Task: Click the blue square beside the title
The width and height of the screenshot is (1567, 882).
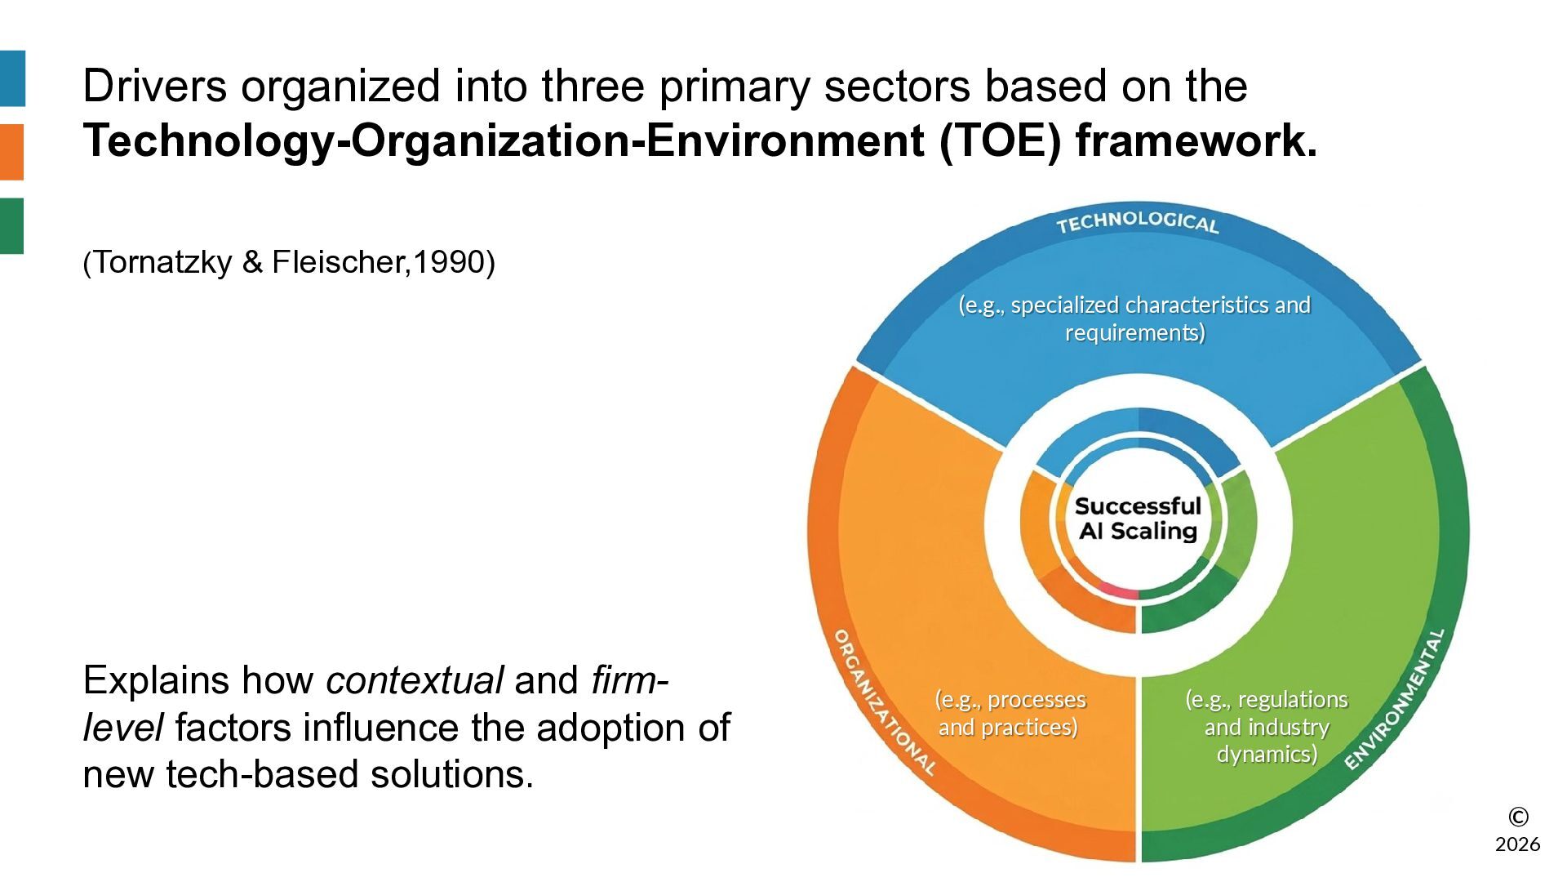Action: pyautogui.click(x=12, y=78)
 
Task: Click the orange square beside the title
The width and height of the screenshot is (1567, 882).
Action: pyautogui.click(x=12, y=152)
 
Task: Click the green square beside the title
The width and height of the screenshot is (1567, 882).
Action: pyautogui.click(x=12, y=225)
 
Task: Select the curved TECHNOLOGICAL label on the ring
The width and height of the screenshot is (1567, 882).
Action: pyautogui.click(x=1137, y=222)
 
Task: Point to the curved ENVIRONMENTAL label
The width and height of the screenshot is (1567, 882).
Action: pyautogui.click(x=1394, y=699)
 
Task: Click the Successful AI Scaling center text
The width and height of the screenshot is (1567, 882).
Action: pyautogui.click(x=1138, y=519)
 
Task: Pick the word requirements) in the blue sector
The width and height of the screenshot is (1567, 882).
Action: pyautogui.click(x=1135, y=332)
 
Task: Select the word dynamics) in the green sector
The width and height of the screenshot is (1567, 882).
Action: pyautogui.click(x=1267, y=754)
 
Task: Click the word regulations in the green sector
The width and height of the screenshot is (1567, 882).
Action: pyautogui.click(x=1293, y=700)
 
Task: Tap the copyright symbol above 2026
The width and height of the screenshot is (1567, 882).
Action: pyautogui.click(x=1518, y=817)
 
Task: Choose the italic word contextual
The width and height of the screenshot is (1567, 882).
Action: pyautogui.click(x=415, y=680)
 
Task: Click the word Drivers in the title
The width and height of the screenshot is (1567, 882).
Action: pyautogui.click(x=155, y=86)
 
